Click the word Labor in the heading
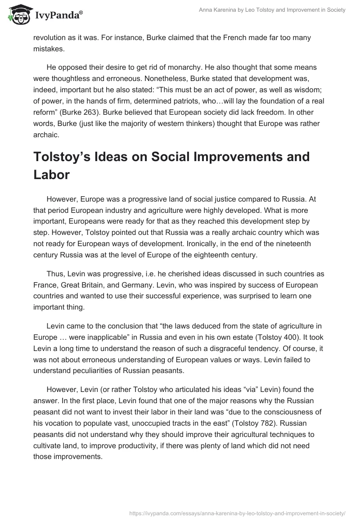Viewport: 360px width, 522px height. [51, 175]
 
